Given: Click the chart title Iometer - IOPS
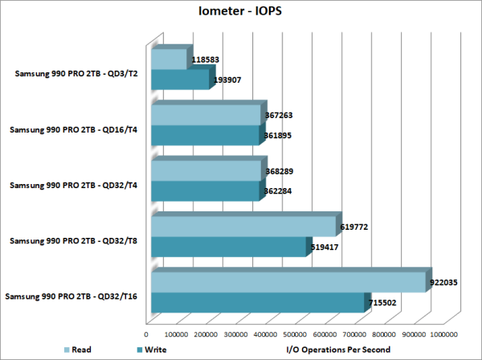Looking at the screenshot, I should click(240, 13).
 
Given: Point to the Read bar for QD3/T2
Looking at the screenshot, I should click(168, 59).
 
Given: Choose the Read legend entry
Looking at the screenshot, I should click(80, 350).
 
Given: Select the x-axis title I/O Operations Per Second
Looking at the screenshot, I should click(338, 350).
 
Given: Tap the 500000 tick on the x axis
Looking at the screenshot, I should click(295, 333).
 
